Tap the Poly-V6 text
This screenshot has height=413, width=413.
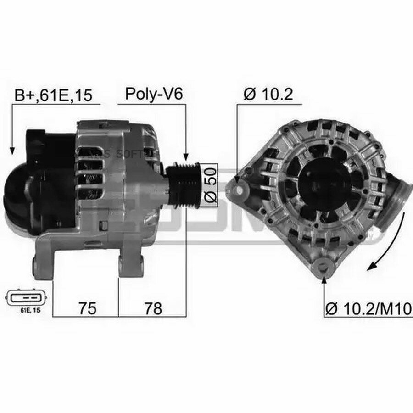(x=154, y=94)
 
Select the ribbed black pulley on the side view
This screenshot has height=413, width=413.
(x=184, y=184)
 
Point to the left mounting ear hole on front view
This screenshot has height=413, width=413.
(x=239, y=188)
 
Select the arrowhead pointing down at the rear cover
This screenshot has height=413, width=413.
(x=12, y=150)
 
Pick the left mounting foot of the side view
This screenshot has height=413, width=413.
(x=44, y=264)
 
